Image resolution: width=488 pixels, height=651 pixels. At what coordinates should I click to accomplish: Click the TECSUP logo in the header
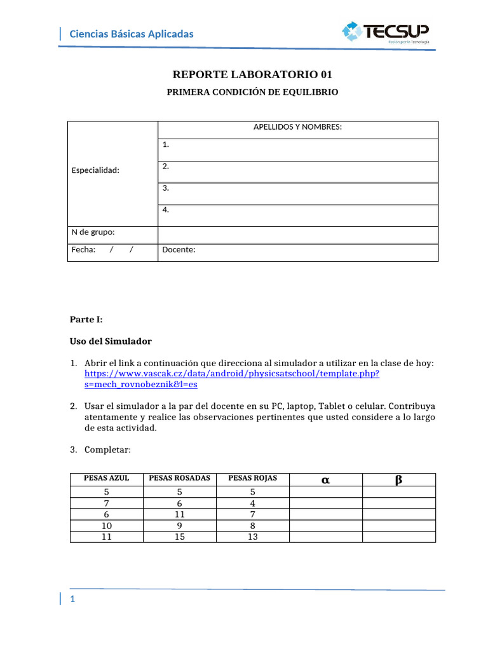[386, 32]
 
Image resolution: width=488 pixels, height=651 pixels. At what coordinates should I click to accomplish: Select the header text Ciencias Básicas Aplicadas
[131, 34]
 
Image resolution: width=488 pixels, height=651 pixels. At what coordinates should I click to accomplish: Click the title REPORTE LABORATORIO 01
[252, 74]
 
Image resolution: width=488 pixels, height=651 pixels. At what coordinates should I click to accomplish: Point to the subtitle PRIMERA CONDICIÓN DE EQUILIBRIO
[252, 92]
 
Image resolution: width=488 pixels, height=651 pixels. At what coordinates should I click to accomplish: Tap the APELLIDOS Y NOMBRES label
[297, 127]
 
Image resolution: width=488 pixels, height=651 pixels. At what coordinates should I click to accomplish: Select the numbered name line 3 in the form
[166, 188]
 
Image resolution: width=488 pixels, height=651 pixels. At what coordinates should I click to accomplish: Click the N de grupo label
[93, 232]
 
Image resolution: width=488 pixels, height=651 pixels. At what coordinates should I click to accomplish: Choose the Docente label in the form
[179, 250]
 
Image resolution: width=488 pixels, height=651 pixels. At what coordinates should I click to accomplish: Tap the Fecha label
[84, 250]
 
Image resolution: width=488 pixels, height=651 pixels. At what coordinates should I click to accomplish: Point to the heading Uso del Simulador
[111, 341]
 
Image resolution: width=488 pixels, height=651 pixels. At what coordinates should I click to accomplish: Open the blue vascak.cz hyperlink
[232, 374]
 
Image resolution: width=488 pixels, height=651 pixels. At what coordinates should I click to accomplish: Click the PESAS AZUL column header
[106, 478]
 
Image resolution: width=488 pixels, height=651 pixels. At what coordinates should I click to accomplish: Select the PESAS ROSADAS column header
[179, 478]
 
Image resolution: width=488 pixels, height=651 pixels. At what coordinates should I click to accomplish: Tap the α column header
[325, 480]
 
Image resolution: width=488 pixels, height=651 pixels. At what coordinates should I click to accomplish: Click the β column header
[398, 480]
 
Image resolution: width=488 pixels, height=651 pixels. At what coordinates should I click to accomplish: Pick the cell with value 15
[180, 537]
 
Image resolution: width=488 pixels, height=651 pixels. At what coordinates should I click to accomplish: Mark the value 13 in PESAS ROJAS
[252, 537]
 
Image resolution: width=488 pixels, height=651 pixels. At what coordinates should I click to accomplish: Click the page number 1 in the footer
[73, 600]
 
